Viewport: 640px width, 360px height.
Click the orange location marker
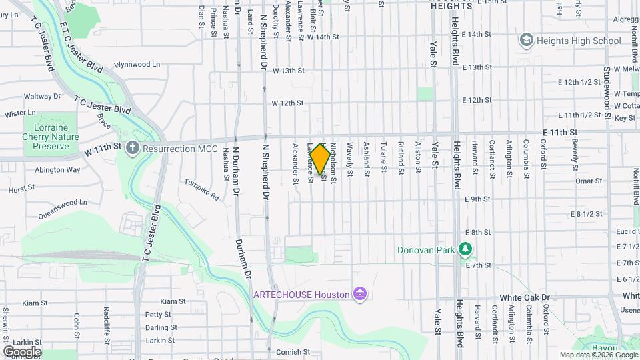point(321,159)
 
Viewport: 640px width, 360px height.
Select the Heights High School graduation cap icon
point(527,41)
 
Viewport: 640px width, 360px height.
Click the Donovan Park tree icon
point(465,251)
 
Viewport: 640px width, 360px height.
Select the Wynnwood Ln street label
point(138,65)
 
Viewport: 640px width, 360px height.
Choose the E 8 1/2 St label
point(587,214)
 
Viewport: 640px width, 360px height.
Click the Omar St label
point(589,181)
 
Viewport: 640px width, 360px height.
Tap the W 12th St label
point(287,103)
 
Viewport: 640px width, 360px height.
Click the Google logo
point(21,351)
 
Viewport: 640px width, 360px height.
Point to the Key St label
point(624,118)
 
